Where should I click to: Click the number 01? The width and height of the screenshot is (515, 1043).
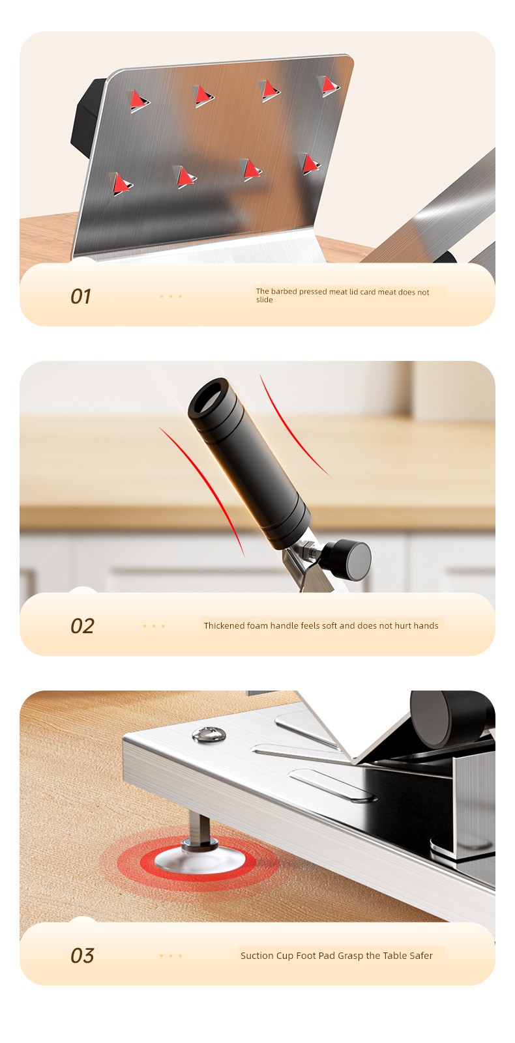pyautogui.click(x=80, y=296)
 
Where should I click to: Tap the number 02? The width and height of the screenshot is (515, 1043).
pyautogui.click(x=82, y=626)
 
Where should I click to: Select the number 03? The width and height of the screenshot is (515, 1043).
pyautogui.click(x=82, y=956)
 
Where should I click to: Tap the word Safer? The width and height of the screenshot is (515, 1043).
pyautogui.click(x=421, y=956)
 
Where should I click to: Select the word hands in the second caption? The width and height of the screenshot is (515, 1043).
pyautogui.click(x=426, y=625)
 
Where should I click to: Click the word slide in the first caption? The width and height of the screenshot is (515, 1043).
pyautogui.click(x=264, y=300)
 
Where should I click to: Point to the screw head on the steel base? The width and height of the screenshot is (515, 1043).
pyautogui.click(x=209, y=735)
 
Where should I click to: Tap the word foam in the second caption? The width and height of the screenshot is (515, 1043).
pyautogui.click(x=257, y=625)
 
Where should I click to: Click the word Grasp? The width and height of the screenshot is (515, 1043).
pyautogui.click(x=351, y=956)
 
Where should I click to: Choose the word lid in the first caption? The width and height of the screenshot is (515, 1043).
pyautogui.click(x=355, y=292)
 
